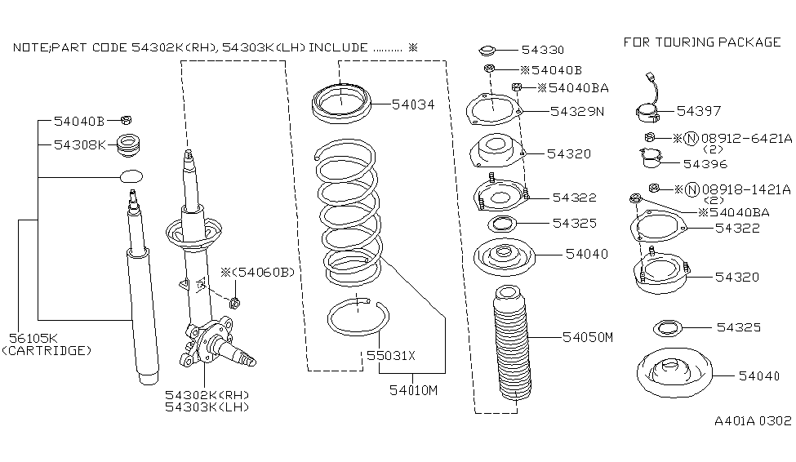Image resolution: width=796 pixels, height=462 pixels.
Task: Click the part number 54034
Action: (x=412, y=104)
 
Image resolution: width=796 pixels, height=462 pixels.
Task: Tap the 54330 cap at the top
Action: (x=489, y=50)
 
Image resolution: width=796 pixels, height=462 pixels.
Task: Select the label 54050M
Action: (x=586, y=336)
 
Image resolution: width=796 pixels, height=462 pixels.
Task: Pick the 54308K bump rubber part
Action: (x=128, y=147)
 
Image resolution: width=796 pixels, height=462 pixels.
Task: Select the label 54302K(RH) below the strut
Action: (x=207, y=395)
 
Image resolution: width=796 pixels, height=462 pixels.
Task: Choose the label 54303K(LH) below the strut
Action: (x=207, y=406)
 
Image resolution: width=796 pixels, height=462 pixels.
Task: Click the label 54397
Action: (x=699, y=111)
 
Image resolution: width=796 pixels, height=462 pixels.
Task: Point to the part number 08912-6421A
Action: (x=748, y=139)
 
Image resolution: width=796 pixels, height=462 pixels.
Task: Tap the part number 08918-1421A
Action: (x=747, y=189)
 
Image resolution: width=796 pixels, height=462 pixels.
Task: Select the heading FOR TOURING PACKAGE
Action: (x=702, y=42)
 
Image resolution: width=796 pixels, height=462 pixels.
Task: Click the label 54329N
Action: (x=576, y=111)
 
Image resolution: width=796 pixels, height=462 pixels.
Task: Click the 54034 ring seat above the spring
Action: (x=342, y=105)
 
